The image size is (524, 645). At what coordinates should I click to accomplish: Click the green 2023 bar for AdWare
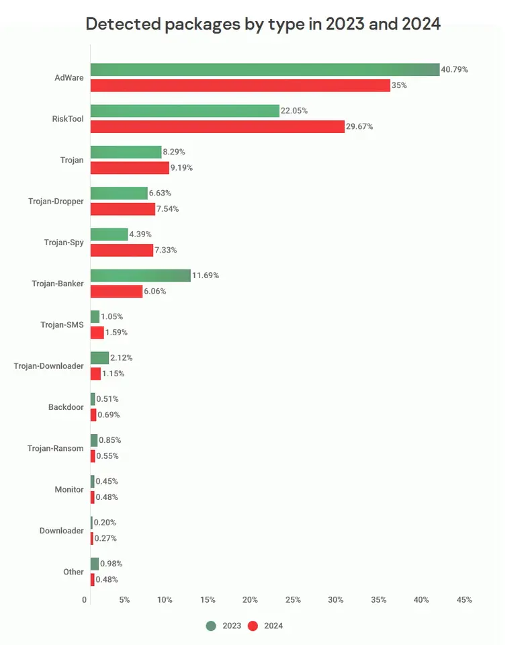(265, 69)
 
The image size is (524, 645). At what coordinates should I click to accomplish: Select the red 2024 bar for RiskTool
(217, 126)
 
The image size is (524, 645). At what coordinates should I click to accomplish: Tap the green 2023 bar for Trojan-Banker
(140, 275)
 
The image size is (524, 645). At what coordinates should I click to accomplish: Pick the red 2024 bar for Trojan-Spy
(122, 250)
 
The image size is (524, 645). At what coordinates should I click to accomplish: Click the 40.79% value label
(454, 69)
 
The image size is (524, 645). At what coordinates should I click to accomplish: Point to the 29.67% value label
(359, 126)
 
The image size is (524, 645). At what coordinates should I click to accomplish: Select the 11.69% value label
(206, 275)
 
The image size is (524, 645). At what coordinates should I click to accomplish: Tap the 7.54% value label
(170, 209)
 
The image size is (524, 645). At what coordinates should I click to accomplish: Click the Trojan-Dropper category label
(56, 201)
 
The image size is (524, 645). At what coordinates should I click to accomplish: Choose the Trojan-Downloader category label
(49, 365)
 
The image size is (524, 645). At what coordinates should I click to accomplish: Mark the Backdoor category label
(66, 407)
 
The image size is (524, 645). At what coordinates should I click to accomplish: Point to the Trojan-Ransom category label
(56, 448)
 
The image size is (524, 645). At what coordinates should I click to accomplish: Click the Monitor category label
(69, 489)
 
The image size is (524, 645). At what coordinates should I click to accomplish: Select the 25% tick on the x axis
(293, 599)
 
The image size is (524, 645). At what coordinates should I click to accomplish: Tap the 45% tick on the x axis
(464, 599)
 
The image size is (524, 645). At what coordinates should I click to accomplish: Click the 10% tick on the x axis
(165, 599)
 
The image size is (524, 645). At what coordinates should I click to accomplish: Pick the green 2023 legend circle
(211, 626)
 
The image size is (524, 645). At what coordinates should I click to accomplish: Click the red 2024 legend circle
(253, 626)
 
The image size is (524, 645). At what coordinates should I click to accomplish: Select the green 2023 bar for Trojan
(126, 152)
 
